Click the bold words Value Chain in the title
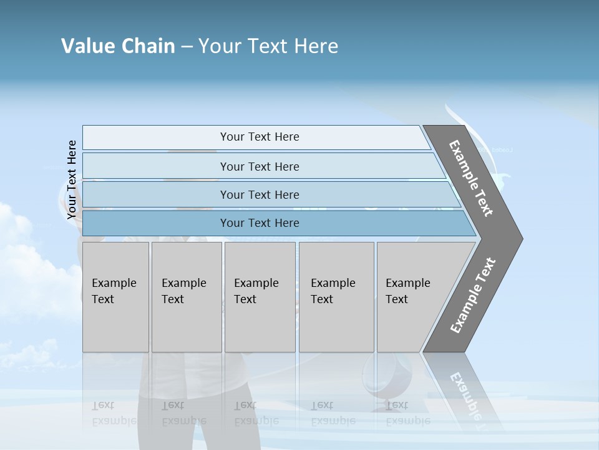(118, 46)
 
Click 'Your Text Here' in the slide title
(268, 46)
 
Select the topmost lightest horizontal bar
(156, 137)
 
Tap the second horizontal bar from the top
(156, 166)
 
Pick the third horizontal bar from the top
(156, 194)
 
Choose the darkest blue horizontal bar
(156, 223)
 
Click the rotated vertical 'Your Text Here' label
(72, 180)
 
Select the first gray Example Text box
(115, 325)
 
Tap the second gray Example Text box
(187, 325)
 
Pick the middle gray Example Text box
(260, 325)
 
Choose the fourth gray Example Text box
(336, 325)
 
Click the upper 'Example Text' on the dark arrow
(471, 178)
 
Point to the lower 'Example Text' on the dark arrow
(473, 295)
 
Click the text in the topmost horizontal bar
(260, 137)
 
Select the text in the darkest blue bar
(260, 223)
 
